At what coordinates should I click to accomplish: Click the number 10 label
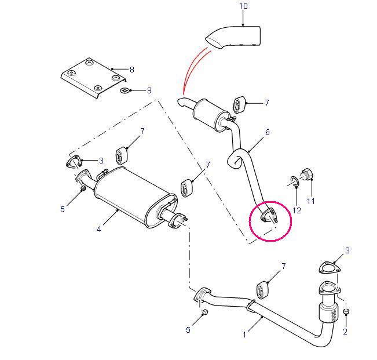click(243, 6)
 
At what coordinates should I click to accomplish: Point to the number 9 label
click(149, 90)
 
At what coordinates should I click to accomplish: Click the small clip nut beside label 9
click(125, 90)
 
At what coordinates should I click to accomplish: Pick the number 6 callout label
click(268, 132)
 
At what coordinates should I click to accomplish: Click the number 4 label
click(98, 229)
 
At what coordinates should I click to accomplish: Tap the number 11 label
click(310, 201)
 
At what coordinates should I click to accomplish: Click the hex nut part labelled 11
click(307, 174)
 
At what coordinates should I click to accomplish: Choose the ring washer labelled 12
click(295, 181)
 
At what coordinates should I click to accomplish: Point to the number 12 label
click(297, 210)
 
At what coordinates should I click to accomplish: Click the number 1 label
click(244, 334)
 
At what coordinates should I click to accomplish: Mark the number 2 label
click(345, 332)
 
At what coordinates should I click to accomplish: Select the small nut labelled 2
click(346, 311)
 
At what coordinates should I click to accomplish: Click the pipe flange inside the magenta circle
click(269, 215)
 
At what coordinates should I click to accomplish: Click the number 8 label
click(132, 70)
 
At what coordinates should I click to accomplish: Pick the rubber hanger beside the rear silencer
click(239, 105)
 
